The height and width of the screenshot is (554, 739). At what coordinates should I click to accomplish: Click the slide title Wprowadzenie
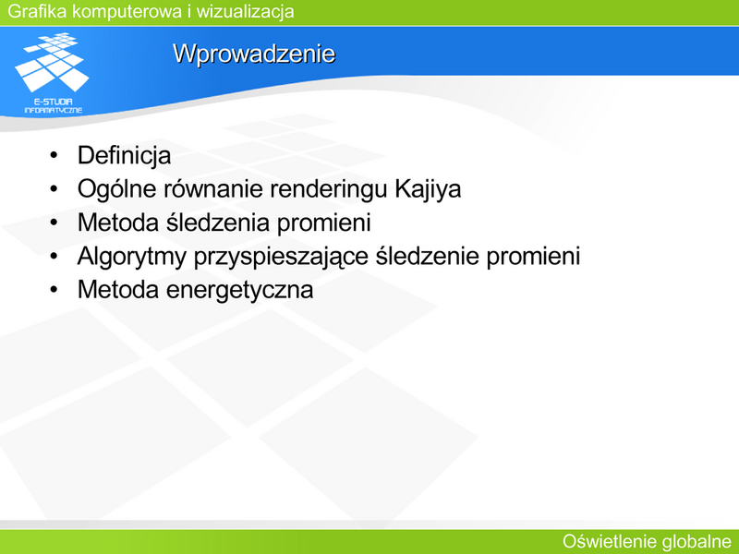point(254,54)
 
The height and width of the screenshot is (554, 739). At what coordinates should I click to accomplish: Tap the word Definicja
point(124,156)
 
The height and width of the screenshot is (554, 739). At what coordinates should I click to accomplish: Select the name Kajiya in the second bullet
point(428,189)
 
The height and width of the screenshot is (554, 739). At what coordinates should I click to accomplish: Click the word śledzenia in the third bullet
point(218,222)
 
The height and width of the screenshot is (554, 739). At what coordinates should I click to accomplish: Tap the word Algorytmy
point(132,257)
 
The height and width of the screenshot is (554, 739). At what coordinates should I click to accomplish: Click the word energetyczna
point(240,290)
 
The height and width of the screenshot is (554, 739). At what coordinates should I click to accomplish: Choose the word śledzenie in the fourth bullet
point(427,256)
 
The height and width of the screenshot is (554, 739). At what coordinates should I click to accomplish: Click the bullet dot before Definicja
point(54,155)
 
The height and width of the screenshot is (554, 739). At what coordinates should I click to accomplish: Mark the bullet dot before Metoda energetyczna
point(54,289)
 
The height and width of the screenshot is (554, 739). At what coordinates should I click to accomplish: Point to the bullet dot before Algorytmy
point(54,256)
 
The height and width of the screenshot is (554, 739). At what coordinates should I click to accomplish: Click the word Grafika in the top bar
point(37,11)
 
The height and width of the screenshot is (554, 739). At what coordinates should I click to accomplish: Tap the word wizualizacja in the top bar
point(245,11)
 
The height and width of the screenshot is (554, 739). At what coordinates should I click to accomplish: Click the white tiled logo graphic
point(52,61)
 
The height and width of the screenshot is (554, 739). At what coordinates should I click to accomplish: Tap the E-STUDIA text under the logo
point(53,102)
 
